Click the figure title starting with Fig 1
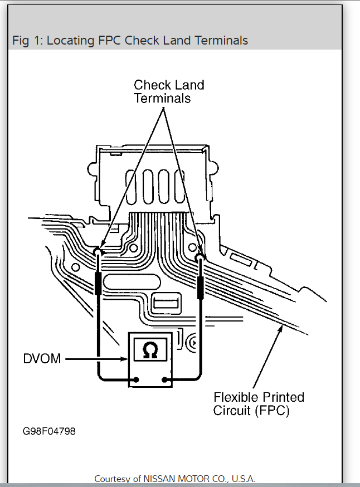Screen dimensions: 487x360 tap(130, 41)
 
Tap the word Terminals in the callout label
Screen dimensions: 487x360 tap(162, 98)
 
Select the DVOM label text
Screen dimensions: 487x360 tap(42, 358)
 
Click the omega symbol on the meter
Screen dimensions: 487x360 tap(150, 351)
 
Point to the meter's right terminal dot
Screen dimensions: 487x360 tap(166, 381)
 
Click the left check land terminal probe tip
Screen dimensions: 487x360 tap(98, 252)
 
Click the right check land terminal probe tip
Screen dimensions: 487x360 tap(201, 257)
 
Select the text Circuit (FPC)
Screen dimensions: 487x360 tap(251, 411)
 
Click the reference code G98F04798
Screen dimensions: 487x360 tap(48, 432)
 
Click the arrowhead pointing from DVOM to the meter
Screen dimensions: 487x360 tap(125, 359)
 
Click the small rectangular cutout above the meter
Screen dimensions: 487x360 tap(165, 303)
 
